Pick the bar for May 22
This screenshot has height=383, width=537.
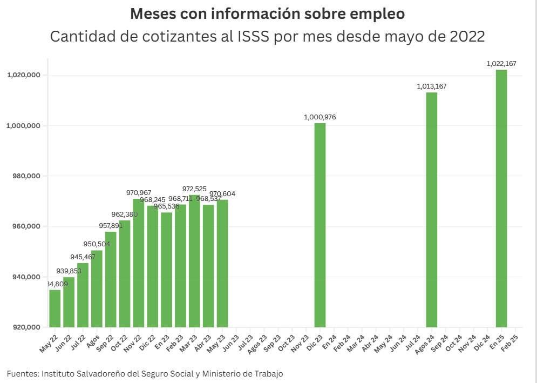(x=55, y=308)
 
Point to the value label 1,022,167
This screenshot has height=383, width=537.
(x=501, y=64)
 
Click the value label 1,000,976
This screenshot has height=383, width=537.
(x=320, y=117)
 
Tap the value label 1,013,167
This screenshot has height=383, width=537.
(x=432, y=86)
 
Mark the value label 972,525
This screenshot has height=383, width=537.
(x=197, y=189)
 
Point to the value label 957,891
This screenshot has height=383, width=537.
(x=112, y=226)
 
